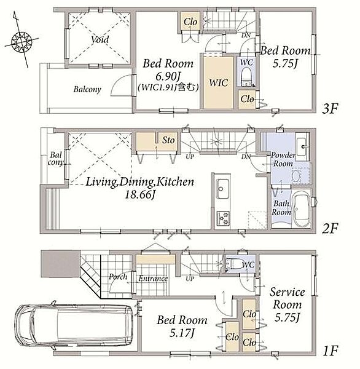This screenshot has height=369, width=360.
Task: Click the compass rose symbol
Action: point(22,42)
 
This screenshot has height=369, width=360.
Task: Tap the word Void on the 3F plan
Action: point(100,39)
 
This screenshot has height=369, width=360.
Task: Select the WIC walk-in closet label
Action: point(219,83)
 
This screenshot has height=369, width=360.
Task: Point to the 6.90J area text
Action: point(168,76)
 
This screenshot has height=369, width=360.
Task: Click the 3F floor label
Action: point(330,108)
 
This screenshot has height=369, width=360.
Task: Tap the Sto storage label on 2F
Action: point(168,140)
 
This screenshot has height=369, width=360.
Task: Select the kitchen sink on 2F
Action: point(221,189)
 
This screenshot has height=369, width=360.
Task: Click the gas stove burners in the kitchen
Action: point(222,218)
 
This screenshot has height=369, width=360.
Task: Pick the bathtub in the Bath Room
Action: point(301,208)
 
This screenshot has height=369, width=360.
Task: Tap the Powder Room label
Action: point(283,159)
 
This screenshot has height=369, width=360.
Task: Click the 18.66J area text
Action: point(139,194)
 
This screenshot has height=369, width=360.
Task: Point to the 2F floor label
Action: point(330,228)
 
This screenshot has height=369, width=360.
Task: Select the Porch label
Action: point(118,277)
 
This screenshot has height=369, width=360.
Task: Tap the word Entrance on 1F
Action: point(153,279)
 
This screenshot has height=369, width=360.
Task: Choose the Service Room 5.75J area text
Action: point(287,318)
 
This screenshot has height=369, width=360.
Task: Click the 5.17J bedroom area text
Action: point(181,333)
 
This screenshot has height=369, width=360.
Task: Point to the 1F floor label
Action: point(331,351)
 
